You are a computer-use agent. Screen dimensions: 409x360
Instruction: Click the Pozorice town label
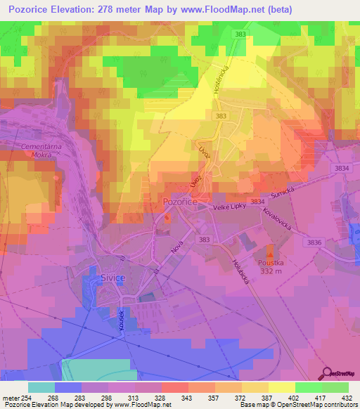(x=179, y=200)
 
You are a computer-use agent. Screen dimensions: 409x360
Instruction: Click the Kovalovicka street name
(x=280, y=221)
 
